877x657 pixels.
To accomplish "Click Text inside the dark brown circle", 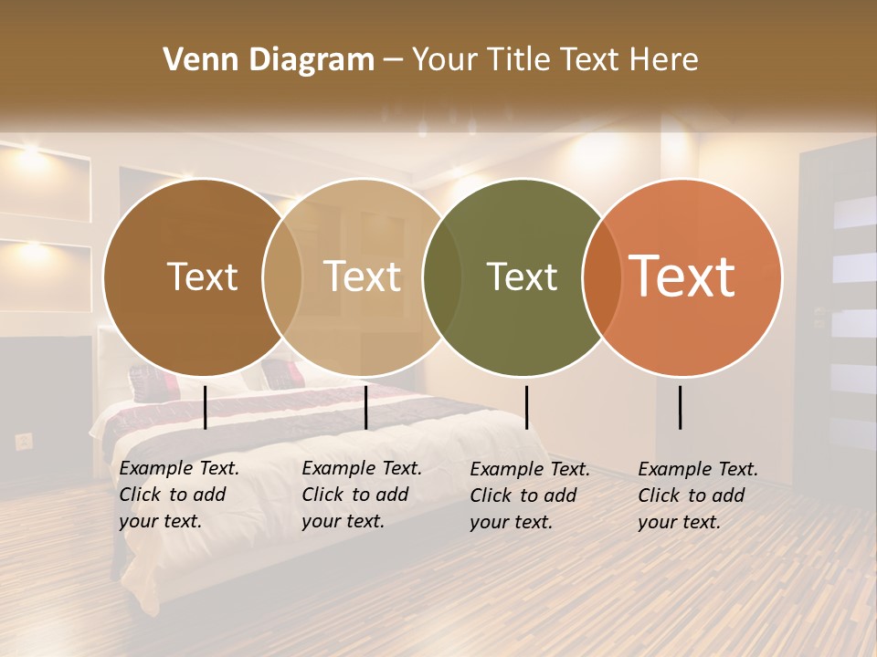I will [202, 277].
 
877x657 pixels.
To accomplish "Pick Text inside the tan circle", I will [363, 277].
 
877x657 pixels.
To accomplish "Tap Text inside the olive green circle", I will [522, 277].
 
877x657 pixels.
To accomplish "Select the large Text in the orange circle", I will [682, 276].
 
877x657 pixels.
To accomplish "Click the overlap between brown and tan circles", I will [282, 277].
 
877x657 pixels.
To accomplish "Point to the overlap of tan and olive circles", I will [442, 277].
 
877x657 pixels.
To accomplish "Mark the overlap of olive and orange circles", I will [601, 277].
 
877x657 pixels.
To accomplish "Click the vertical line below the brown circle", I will [206, 407].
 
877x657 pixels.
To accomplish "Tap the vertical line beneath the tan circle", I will [365, 407].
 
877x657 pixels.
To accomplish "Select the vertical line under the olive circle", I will [526, 407].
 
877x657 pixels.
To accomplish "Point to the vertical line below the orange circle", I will [681, 407].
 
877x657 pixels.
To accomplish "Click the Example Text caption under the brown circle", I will [178, 495].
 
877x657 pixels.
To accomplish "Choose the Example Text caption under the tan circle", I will [361, 495].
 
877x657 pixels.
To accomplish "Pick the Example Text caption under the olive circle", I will [529, 495].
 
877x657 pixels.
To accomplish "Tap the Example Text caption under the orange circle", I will [697, 495].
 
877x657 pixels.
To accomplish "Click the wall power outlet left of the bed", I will [24, 442].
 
